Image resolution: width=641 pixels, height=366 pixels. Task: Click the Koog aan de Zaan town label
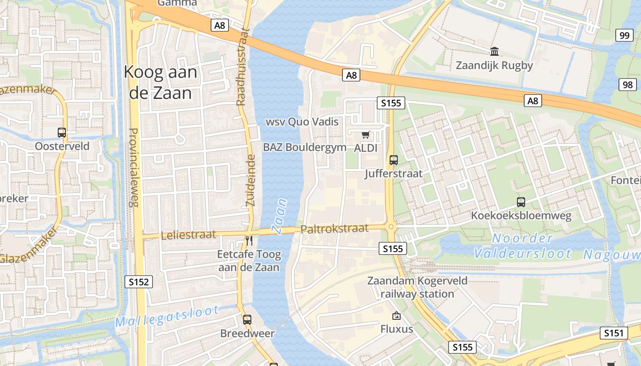(x=161, y=82)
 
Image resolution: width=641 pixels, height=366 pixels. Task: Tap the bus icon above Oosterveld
(x=62, y=133)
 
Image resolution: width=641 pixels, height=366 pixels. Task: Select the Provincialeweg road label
(x=133, y=167)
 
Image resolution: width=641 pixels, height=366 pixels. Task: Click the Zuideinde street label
(x=251, y=180)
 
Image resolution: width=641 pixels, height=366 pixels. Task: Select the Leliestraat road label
(x=188, y=235)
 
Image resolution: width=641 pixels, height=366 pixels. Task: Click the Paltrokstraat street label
(x=335, y=228)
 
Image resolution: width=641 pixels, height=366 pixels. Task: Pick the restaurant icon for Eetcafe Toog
(x=249, y=241)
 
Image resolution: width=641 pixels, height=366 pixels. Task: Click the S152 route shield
(x=139, y=282)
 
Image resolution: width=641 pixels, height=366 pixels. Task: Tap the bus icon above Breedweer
(x=247, y=319)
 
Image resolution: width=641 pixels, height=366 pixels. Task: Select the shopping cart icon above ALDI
(x=365, y=135)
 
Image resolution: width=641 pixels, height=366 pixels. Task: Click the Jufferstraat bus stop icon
(x=394, y=160)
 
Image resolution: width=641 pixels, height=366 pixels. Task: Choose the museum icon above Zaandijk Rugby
(x=494, y=51)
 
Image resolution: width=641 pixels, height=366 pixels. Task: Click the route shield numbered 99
(x=625, y=35)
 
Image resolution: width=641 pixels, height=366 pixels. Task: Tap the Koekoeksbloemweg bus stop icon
(x=521, y=202)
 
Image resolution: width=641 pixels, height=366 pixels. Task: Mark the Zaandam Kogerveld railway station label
(x=417, y=287)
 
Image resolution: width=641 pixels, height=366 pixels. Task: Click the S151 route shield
(x=614, y=333)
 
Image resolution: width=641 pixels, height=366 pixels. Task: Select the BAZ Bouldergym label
(x=298, y=147)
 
